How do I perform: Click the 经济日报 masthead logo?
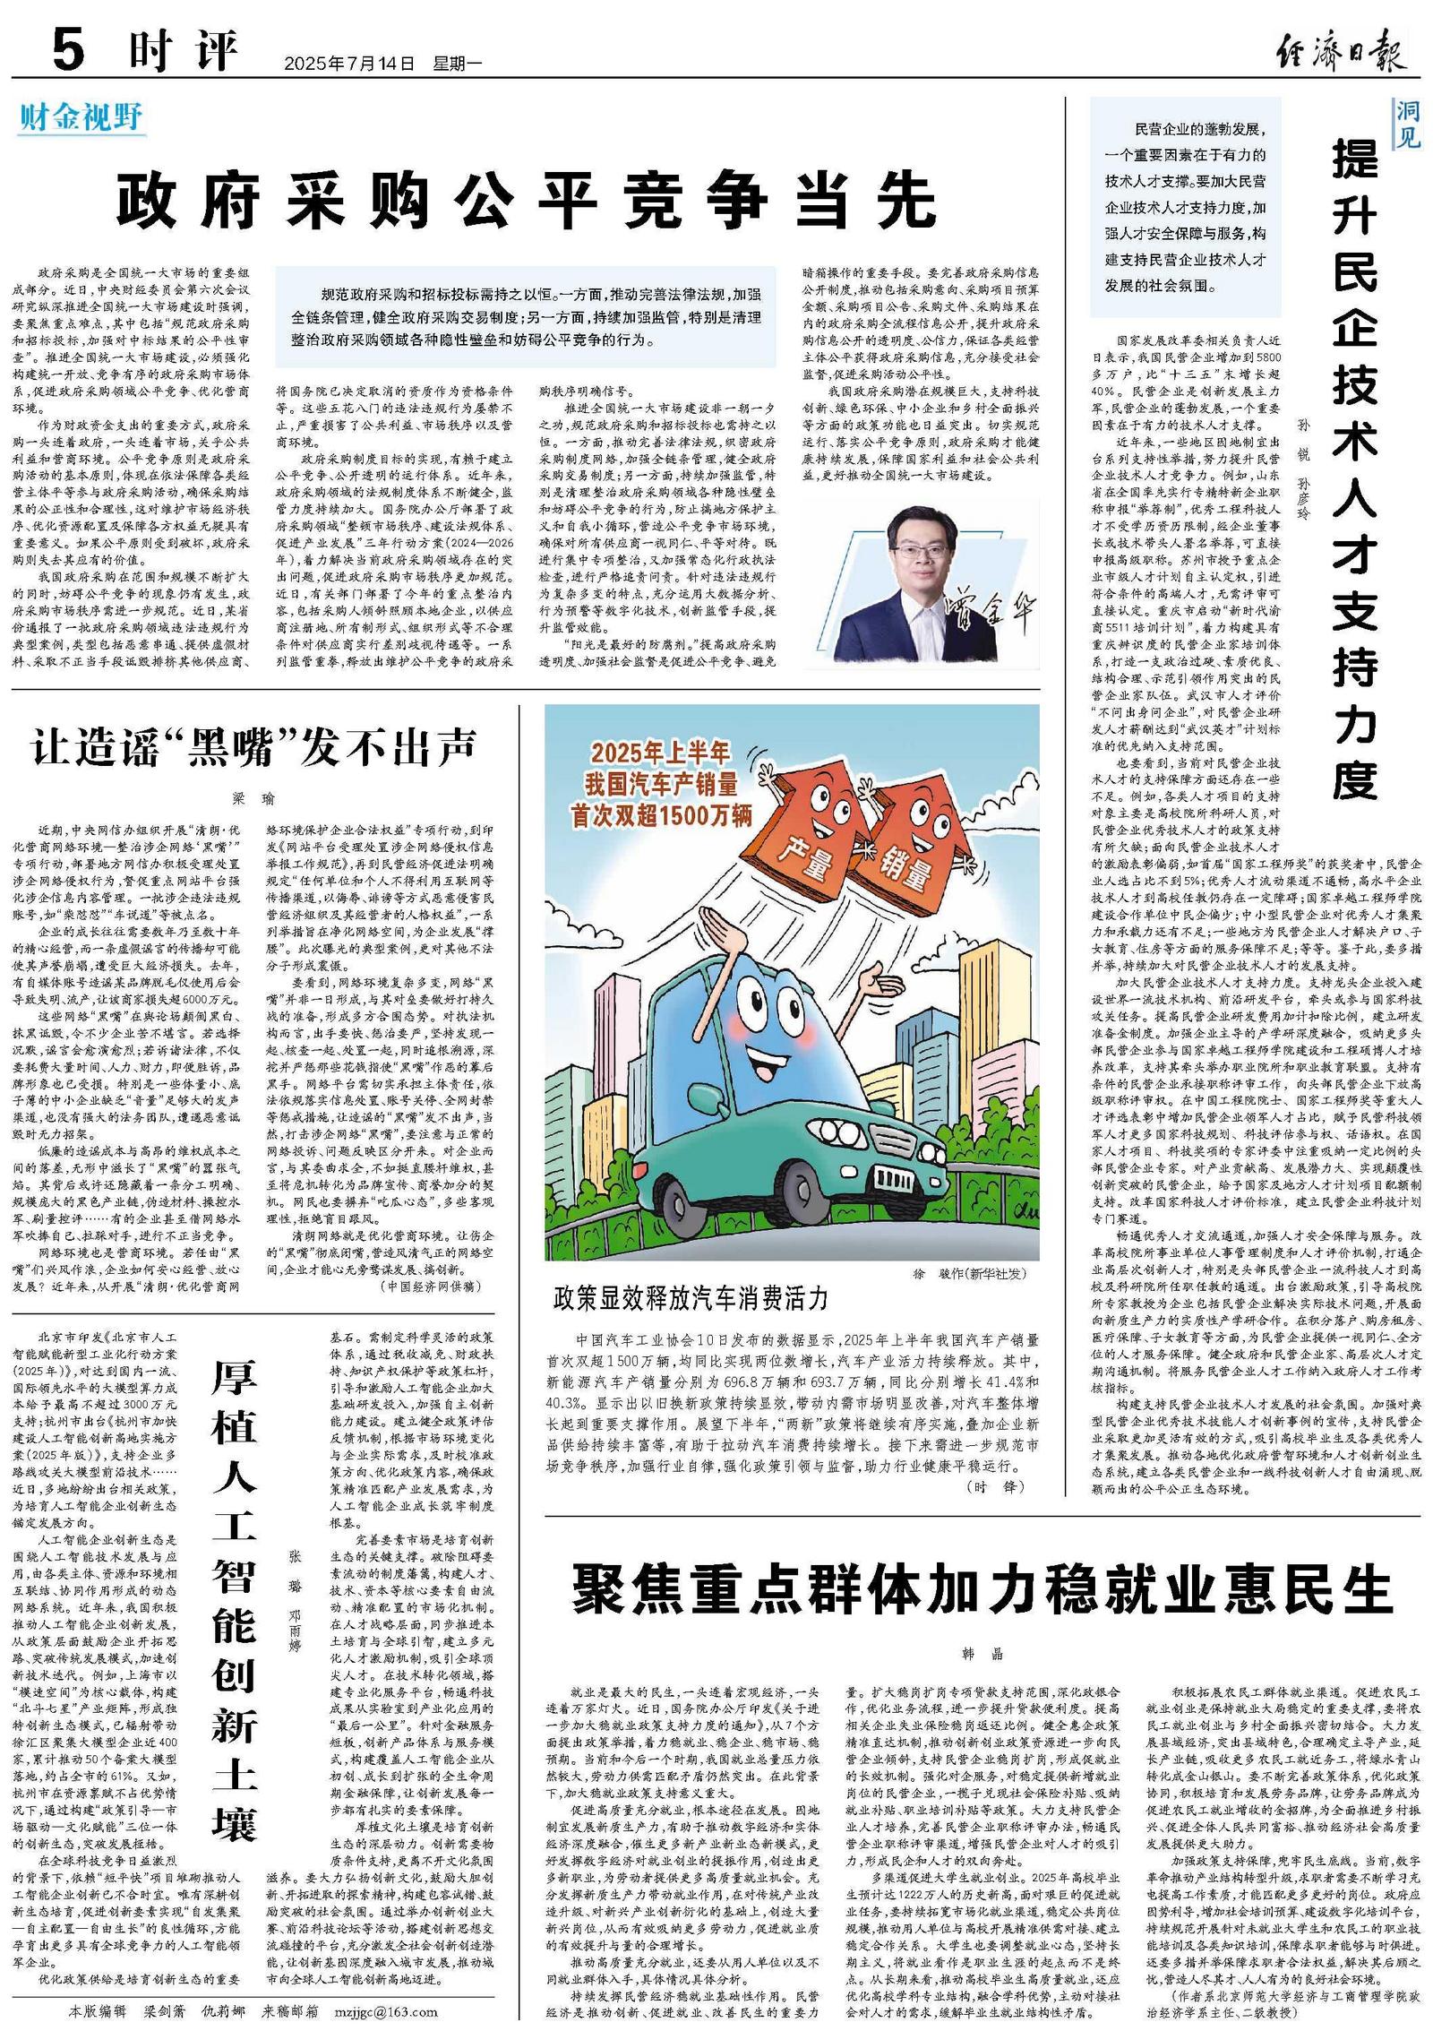[1340, 52]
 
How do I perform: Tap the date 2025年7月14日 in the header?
[349, 65]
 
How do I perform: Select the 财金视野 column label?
[81, 117]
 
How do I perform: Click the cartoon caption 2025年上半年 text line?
[659, 753]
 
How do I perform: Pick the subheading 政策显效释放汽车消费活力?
[691, 1298]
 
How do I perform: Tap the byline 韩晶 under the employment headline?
[982, 1654]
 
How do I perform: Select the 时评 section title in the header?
[184, 52]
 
